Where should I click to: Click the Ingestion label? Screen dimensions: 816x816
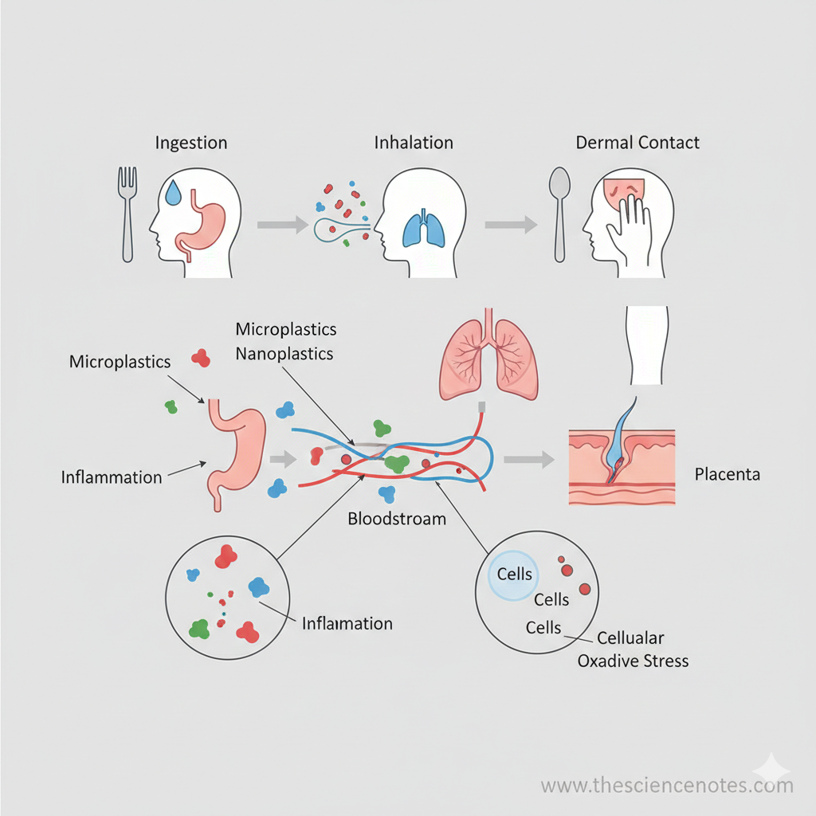coord(190,143)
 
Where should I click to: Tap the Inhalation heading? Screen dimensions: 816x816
coord(414,143)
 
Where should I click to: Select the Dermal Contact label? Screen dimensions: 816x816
coord(637,143)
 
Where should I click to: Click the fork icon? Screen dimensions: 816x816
coord(127,214)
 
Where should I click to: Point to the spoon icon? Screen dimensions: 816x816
coord(559,214)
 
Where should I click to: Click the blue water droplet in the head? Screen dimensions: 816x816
coord(175,192)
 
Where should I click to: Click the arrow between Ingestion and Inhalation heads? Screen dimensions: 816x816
coord(282,226)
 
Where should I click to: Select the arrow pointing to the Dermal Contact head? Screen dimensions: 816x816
coord(511,226)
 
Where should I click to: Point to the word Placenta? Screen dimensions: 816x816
coord(727,475)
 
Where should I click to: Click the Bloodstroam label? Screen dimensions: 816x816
coord(397,519)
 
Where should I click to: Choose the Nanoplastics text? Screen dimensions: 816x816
coord(284,354)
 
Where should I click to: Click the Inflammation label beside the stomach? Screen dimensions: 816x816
coord(112,477)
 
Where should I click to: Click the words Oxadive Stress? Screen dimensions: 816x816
coord(633,661)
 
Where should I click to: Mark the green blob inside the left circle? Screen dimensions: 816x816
coord(199,628)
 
